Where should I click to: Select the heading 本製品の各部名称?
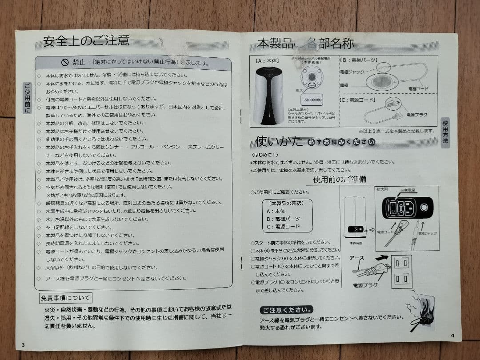coord(305,44)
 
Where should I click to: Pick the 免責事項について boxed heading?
coord(65,297)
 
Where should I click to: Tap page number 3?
coord(23,345)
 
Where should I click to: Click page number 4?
coord(452,336)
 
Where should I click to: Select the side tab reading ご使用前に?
coord(28,97)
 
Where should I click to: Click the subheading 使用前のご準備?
coord(340,179)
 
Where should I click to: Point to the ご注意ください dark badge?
coord(287,309)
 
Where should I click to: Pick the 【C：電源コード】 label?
coord(359,100)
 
